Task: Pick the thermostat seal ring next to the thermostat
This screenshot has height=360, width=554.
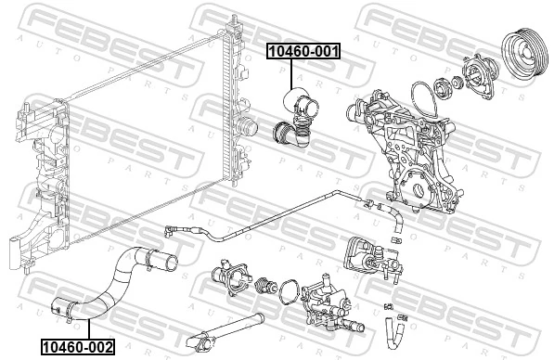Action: [x=289, y=289]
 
